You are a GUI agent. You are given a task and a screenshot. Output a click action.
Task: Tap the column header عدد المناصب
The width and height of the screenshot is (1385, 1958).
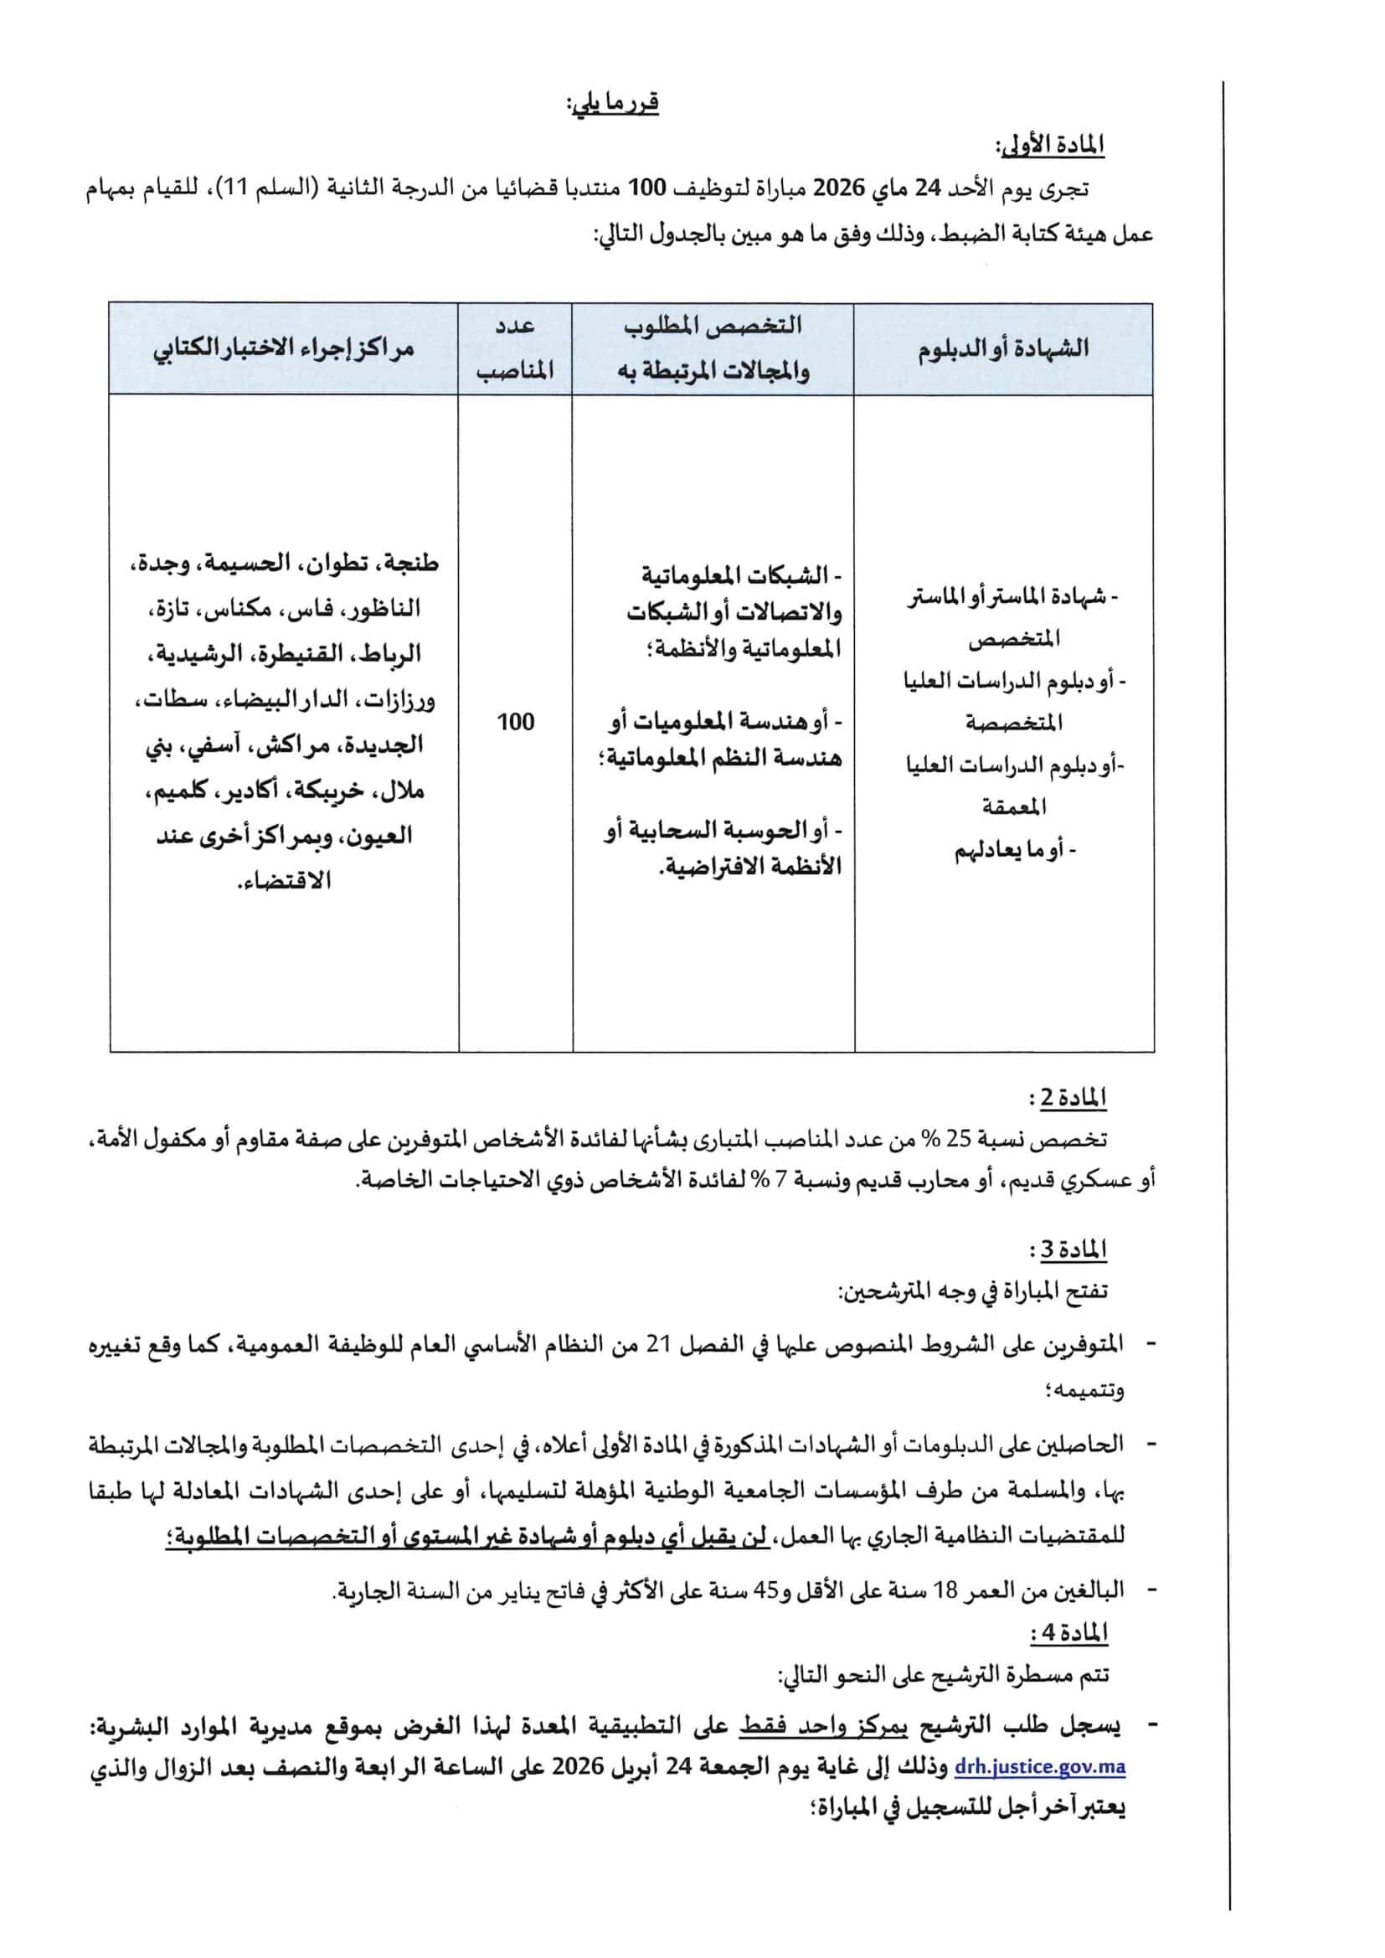[x=515, y=348]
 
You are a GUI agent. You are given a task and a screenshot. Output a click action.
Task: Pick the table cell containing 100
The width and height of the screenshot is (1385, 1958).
[x=515, y=722]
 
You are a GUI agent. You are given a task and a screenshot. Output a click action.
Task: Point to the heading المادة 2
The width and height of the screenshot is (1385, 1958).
[x=1072, y=1100]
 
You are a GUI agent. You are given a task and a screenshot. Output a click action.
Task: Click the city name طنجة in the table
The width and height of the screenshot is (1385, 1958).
[x=412, y=564]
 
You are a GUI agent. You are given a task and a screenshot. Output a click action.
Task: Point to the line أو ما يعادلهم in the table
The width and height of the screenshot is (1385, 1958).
[x=1015, y=850]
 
